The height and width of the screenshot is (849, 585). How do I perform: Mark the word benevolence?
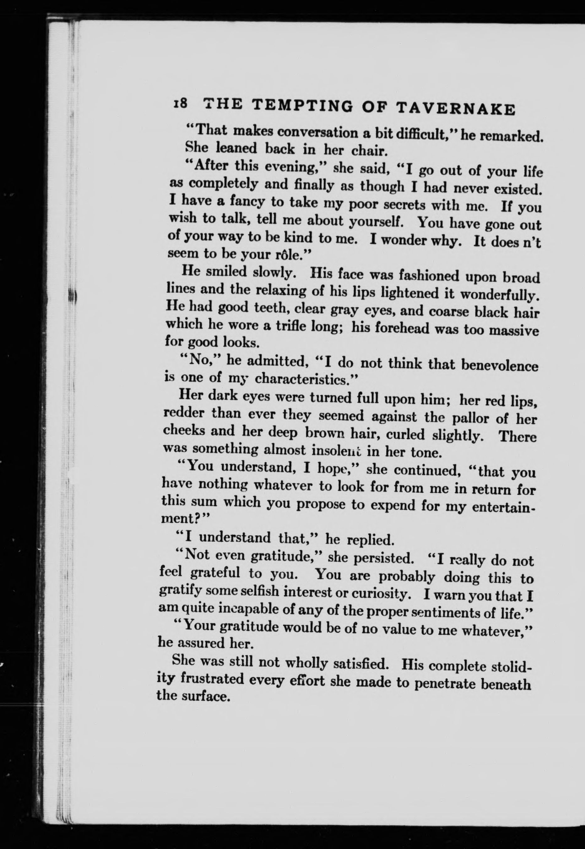click(499, 366)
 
